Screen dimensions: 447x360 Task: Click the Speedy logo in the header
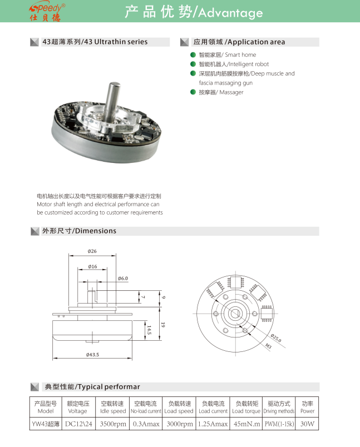coord(47,11)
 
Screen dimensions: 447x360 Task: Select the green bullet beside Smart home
coord(193,55)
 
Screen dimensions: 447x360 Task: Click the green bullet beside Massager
coord(193,92)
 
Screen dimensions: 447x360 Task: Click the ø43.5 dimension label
coord(93,355)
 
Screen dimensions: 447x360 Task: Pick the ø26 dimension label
coord(92,252)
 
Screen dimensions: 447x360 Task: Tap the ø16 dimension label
coord(92,267)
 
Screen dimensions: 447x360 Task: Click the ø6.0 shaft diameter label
coord(123,278)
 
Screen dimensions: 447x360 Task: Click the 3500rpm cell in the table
coord(113,424)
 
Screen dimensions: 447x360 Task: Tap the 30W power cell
coord(307,424)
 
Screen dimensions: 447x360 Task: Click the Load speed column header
coord(179,411)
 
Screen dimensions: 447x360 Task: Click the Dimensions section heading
coord(79,231)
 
